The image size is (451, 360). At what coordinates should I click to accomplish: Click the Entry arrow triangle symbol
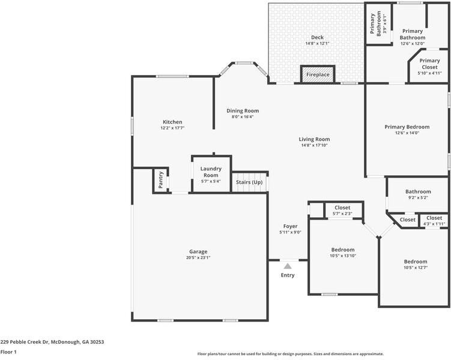pyautogui.click(x=288, y=266)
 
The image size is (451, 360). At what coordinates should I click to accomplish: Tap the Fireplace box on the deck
pyautogui.click(x=318, y=74)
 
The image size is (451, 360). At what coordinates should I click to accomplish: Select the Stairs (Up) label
pyautogui.click(x=249, y=182)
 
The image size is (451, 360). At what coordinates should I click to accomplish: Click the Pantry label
pyautogui.click(x=161, y=179)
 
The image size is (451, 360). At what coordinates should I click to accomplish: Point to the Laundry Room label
pyautogui.click(x=211, y=172)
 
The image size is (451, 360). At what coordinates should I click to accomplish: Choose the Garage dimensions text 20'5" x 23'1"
pyautogui.click(x=198, y=257)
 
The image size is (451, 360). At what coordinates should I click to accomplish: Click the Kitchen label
pyautogui.click(x=172, y=122)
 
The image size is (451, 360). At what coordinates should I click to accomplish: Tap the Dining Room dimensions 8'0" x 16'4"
pyautogui.click(x=243, y=117)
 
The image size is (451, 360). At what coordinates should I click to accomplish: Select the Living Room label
pyautogui.click(x=315, y=139)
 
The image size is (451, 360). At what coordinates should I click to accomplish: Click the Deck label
pyautogui.click(x=317, y=37)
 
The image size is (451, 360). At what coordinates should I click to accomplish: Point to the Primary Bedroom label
pyautogui.click(x=407, y=127)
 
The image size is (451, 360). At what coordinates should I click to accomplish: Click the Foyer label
pyautogui.click(x=290, y=226)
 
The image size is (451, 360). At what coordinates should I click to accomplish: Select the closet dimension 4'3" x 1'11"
pyautogui.click(x=434, y=224)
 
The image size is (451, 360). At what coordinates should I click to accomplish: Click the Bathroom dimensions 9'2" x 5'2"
pyautogui.click(x=418, y=197)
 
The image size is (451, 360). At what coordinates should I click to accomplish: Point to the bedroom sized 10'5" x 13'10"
pyautogui.click(x=343, y=253)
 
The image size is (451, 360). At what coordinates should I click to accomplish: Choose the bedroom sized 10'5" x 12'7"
pyautogui.click(x=416, y=265)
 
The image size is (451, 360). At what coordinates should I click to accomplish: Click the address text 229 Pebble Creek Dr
pyautogui.click(x=52, y=342)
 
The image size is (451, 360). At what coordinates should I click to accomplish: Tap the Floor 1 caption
pyautogui.click(x=8, y=352)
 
